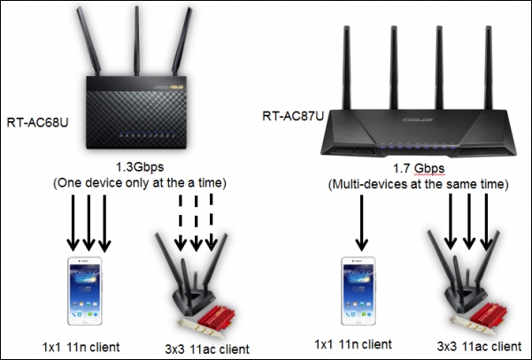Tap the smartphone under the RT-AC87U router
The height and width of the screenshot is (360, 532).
361,292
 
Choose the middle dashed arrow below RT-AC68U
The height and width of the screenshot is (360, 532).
194,222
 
